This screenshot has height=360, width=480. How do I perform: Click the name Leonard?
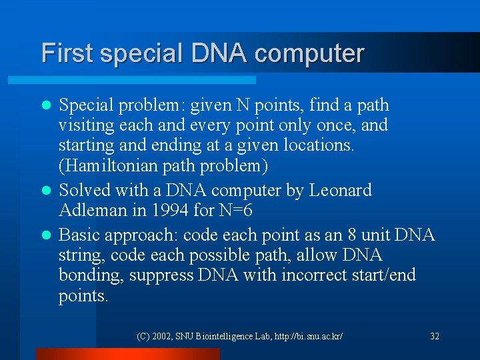point(341,191)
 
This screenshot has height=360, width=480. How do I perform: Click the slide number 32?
point(435,336)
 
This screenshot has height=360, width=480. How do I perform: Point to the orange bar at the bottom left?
point(127,354)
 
